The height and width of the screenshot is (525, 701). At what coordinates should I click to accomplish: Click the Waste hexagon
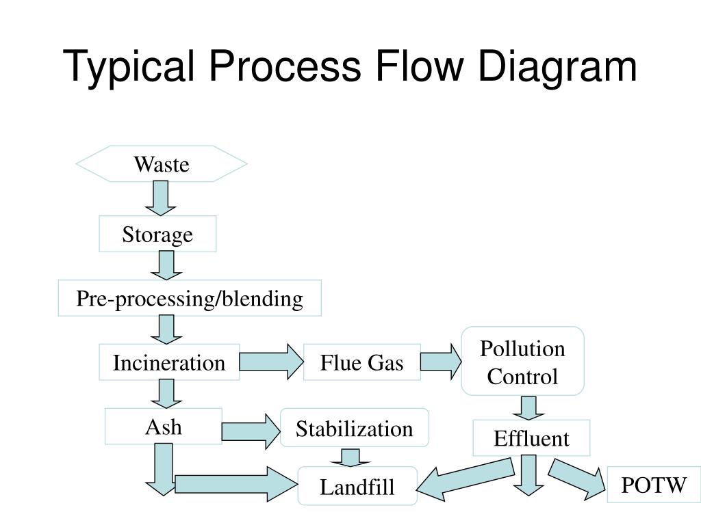click(162, 164)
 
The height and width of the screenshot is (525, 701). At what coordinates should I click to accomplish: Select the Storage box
click(157, 234)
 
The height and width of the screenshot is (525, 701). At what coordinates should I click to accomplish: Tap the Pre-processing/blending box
click(190, 298)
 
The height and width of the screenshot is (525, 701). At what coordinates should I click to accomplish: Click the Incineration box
click(169, 362)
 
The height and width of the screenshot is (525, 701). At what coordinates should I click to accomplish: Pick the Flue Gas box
click(362, 362)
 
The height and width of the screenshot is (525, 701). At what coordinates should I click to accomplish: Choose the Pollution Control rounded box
click(522, 362)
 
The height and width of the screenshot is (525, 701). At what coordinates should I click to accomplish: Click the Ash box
click(164, 427)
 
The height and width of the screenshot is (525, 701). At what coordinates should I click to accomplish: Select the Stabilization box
click(355, 428)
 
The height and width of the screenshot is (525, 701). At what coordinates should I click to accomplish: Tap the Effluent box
click(531, 437)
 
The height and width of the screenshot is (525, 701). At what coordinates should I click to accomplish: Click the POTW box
click(654, 485)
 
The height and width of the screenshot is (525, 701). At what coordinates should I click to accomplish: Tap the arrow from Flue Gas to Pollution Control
click(441, 362)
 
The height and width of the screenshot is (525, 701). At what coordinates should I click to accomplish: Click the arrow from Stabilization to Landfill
click(350, 457)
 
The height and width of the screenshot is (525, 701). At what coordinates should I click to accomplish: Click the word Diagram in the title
click(558, 68)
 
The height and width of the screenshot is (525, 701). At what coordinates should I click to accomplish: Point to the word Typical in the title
click(129, 68)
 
